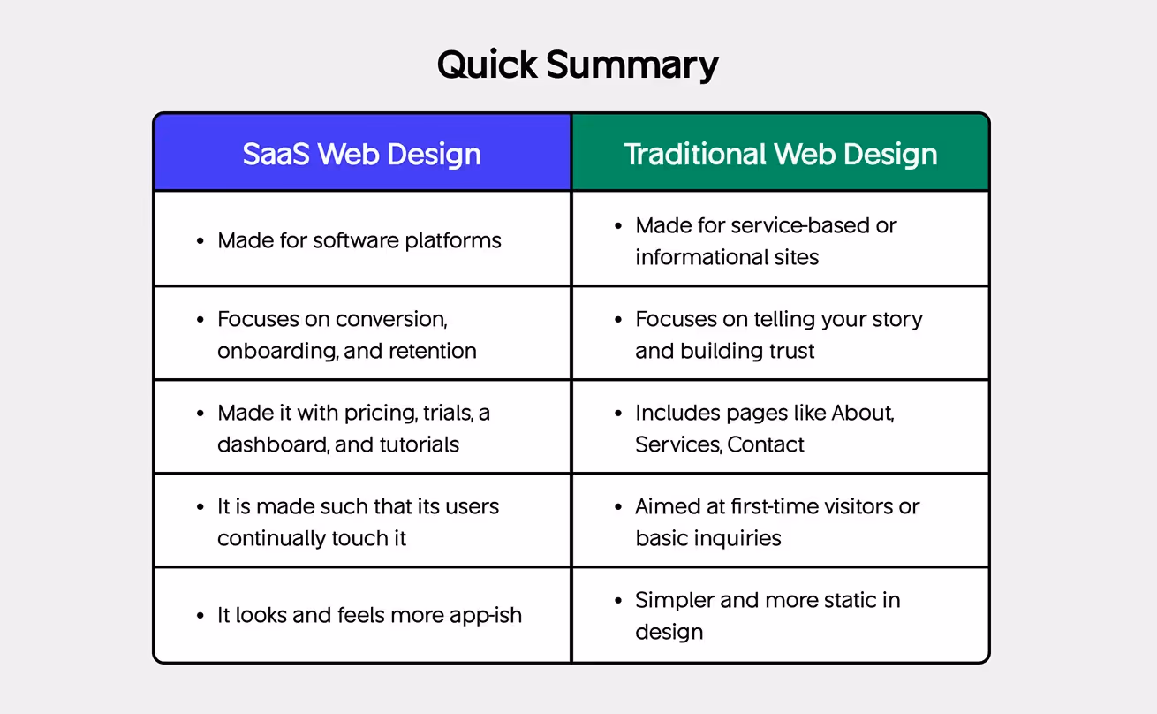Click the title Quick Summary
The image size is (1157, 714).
[x=578, y=65]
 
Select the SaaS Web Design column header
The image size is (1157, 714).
[x=362, y=154]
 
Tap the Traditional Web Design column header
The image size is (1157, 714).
[x=781, y=154]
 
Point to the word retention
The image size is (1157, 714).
[x=435, y=351]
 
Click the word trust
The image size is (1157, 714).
[x=790, y=351]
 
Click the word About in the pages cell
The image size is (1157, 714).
[x=861, y=413]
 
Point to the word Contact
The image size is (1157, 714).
[x=766, y=444]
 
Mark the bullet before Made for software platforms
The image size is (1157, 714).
[x=200, y=241]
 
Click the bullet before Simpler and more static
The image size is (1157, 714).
[x=618, y=601]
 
